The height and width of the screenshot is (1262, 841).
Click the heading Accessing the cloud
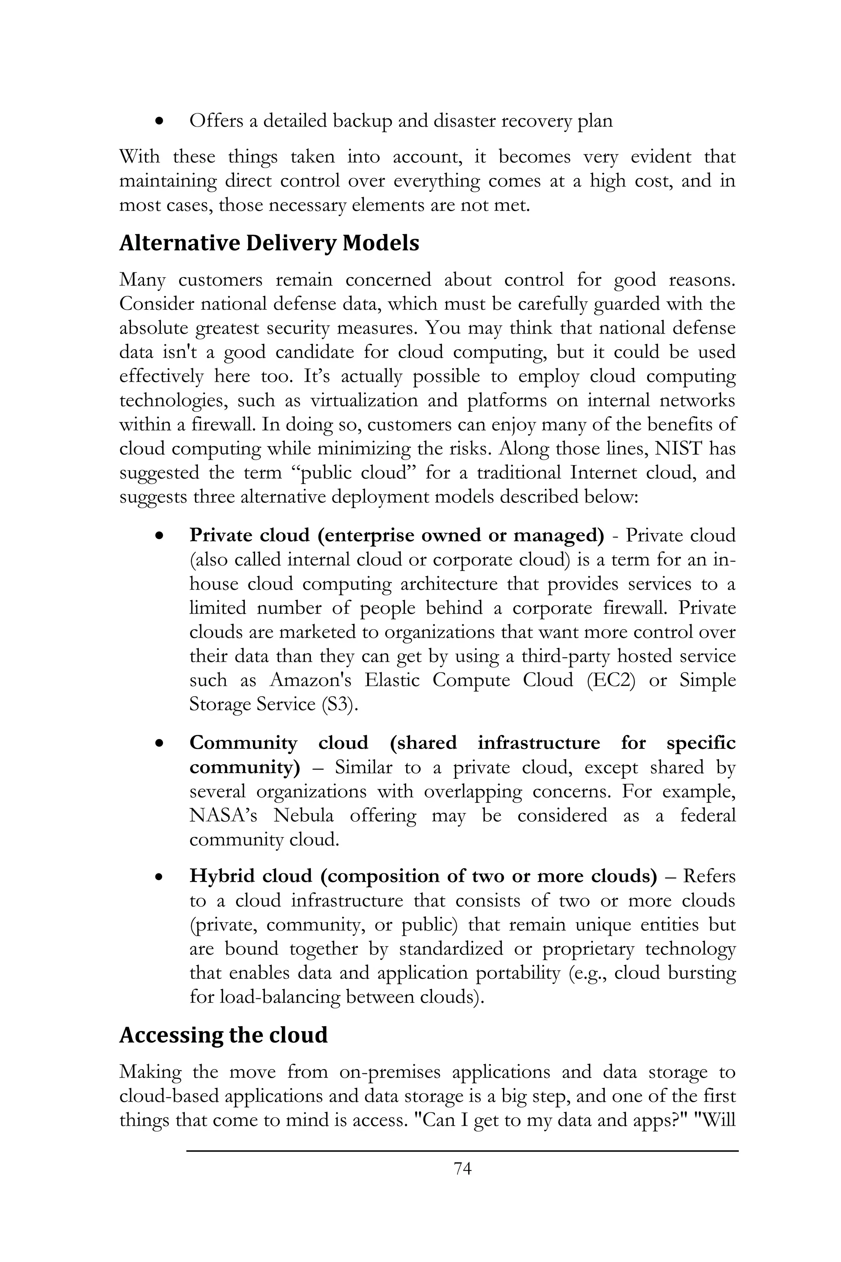pos(223,1035)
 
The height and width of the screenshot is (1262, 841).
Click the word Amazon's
pos(310,680)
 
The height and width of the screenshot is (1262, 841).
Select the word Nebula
pos(303,815)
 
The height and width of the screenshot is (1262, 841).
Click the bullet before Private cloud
pos(159,536)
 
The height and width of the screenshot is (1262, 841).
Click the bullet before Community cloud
pos(159,744)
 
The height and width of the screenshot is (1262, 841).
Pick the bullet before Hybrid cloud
pos(159,877)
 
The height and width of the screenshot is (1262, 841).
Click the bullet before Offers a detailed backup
pos(159,121)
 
